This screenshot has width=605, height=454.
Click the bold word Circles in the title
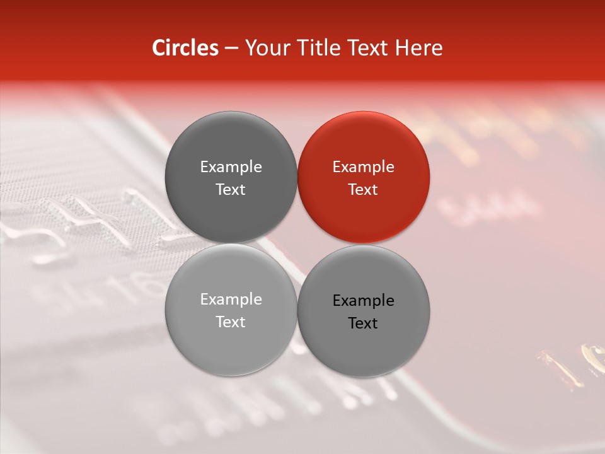coord(185,48)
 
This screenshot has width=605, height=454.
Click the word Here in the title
coord(419,48)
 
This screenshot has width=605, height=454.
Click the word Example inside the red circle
coord(363,167)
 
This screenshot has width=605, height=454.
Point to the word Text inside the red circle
coord(363,190)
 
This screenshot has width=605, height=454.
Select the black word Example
coord(363,301)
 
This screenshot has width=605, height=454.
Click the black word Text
coord(363,323)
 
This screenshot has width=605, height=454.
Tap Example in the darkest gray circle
coord(231,167)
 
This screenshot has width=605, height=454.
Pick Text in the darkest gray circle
coord(231,190)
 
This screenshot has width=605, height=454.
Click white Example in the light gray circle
coord(231,300)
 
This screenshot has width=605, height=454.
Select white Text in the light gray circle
coord(231,322)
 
